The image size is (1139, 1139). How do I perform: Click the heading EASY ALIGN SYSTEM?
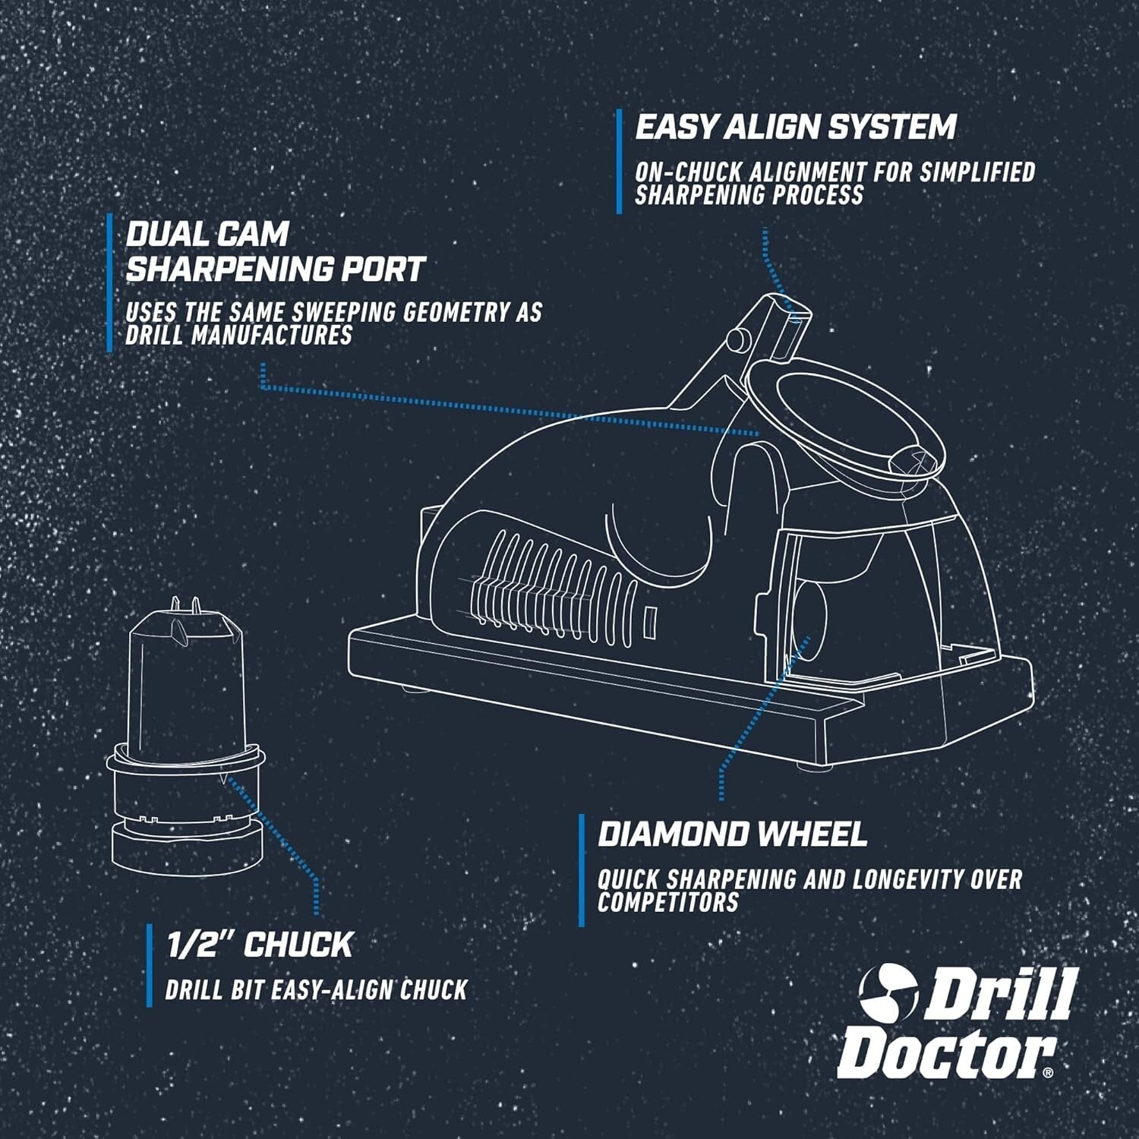(795, 127)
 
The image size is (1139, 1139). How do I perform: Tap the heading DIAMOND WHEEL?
(732, 834)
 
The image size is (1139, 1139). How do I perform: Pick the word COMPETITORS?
(667, 902)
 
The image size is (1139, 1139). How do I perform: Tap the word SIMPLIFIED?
(978, 172)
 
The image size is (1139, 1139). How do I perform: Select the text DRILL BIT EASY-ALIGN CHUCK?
(316, 989)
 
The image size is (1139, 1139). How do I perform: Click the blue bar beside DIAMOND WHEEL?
(582, 870)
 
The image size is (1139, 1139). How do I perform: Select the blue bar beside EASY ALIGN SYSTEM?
(620, 161)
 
